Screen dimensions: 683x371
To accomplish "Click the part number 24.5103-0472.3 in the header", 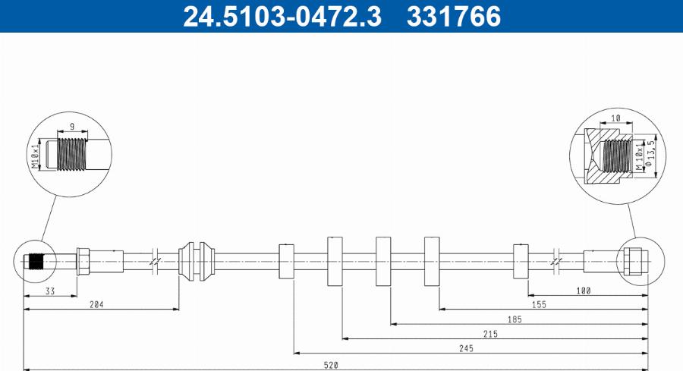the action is pos(282,16).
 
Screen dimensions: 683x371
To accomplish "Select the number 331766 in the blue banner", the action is pos(454,16).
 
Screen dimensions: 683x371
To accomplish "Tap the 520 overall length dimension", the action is pos(331,365).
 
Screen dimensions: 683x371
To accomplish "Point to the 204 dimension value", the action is pos(96,304).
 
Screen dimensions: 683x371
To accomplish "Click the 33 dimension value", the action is pos(50,291).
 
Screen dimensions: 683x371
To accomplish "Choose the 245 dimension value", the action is pos(466,348).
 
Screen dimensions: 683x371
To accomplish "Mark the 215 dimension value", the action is pos(490,334).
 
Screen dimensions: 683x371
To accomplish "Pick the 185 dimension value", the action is pos(515,319).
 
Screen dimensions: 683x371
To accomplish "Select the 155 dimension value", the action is pos(539,304).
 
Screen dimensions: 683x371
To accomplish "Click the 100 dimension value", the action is pos(584,291).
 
